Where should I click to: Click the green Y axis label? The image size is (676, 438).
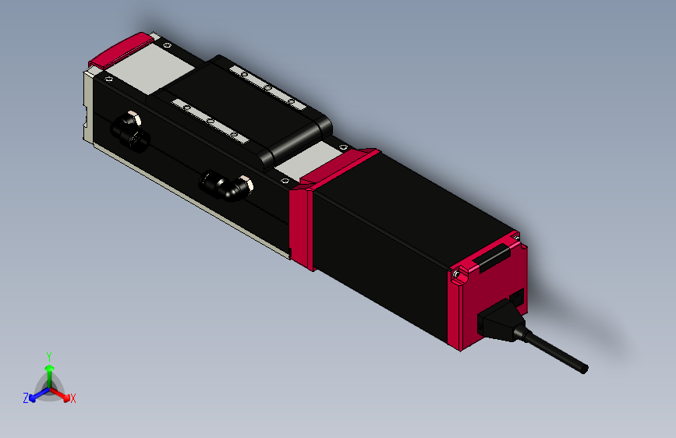[x=49, y=355]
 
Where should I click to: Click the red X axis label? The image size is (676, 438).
[x=73, y=398]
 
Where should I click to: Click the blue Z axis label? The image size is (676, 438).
[x=26, y=397]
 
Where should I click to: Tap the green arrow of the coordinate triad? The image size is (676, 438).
[x=49, y=371]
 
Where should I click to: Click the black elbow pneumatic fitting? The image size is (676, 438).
[x=227, y=185]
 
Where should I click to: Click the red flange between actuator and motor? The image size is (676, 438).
[x=301, y=226]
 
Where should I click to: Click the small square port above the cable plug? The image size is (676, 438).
[x=516, y=298]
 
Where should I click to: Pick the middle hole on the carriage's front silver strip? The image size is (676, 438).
[x=209, y=121]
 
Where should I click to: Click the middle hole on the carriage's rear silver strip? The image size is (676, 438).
[x=267, y=87]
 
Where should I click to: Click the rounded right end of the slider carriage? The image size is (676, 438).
[x=300, y=140]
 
